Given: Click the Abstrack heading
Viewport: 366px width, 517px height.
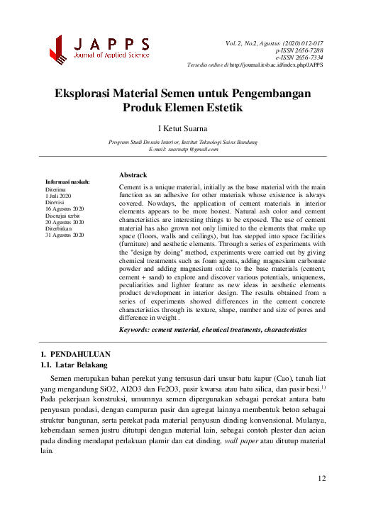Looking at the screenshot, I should tap(133, 174).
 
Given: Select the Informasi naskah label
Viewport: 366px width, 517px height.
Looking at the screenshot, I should tap(67, 183).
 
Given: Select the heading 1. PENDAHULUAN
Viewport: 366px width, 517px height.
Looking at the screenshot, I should tap(76, 353).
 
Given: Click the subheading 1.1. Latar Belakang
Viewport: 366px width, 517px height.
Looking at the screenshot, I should tap(74, 365).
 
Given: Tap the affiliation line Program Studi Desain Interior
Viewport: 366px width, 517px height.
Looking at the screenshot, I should tap(183, 142).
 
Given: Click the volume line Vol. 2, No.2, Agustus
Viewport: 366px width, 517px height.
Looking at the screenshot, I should tap(273, 44).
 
